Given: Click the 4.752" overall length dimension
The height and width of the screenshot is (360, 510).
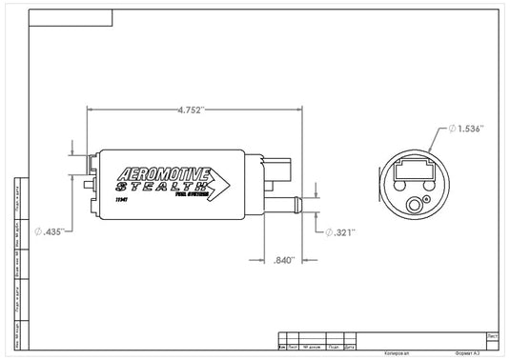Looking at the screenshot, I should (x=191, y=109).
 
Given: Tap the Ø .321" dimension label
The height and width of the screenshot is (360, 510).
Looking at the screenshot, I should (x=340, y=231).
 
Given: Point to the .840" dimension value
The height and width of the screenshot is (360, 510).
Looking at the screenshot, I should (x=283, y=259).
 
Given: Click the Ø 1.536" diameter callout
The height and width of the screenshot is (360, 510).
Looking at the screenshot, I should (x=466, y=129).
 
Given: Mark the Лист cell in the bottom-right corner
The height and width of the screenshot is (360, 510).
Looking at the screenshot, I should (x=492, y=336).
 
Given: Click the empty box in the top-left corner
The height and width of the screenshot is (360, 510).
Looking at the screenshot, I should (x=71, y=17).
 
